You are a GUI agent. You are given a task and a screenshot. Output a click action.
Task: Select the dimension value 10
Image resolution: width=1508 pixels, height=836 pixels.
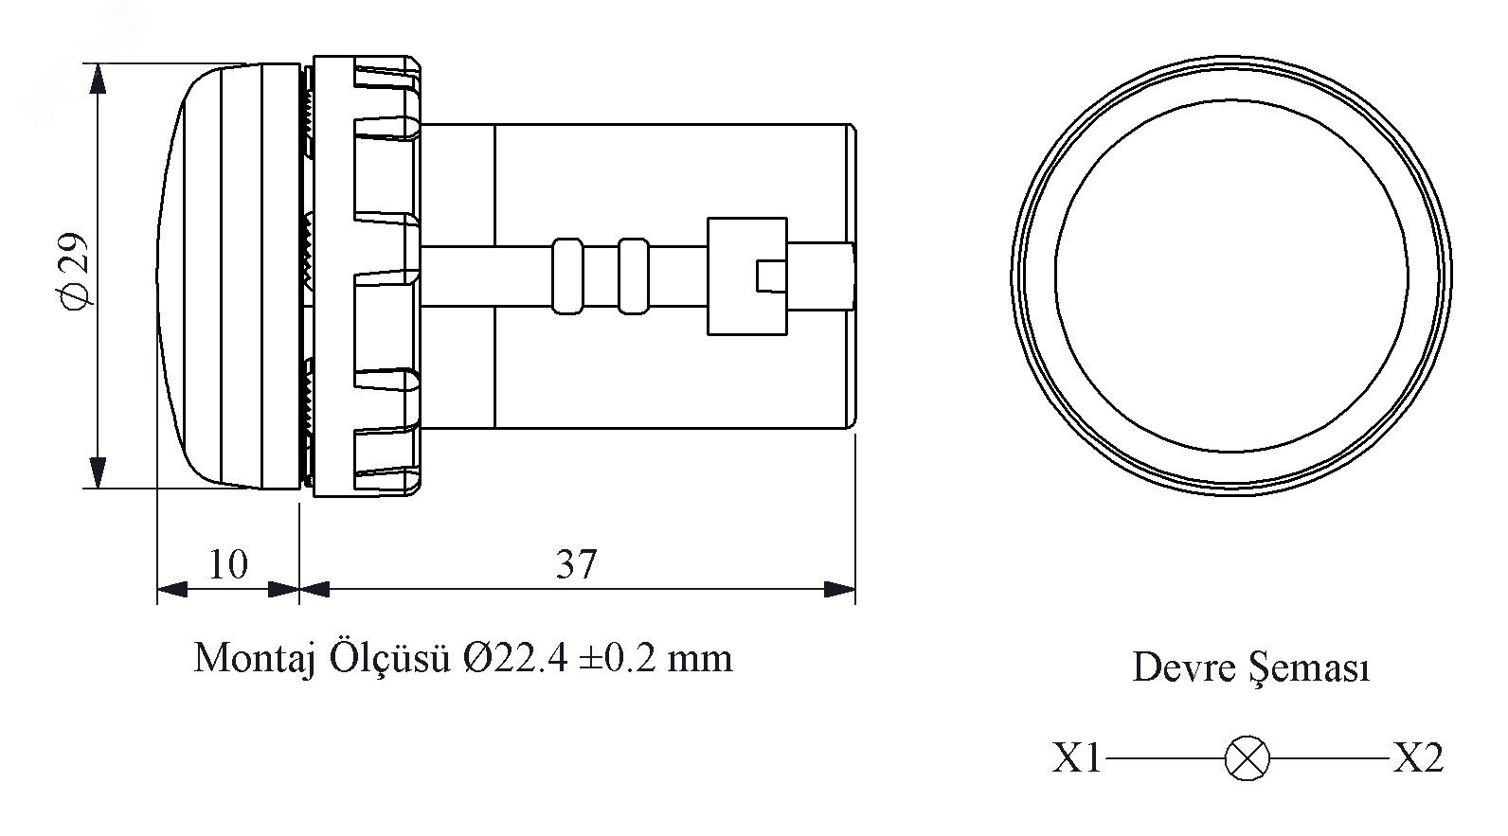pyautogui.click(x=228, y=564)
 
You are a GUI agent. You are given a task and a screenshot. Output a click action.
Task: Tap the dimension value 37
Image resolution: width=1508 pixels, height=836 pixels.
pyautogui.click(x=576, y=564)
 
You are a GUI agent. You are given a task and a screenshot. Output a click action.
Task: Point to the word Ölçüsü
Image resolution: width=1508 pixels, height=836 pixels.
pyautogui.click(x=389, y=657)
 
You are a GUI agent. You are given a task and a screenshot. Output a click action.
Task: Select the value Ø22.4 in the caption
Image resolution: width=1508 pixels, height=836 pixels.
pyautogui.click(x=515, y=658)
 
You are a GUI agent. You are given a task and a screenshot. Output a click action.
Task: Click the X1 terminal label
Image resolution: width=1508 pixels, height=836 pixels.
pyautogui.click(x=1076, y=758)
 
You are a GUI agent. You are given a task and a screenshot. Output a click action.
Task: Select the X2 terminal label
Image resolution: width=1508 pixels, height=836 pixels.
pyautogui.click(x=1418, y=758)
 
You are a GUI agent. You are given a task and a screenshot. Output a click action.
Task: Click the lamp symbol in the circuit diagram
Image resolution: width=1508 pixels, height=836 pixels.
pyautogui.click(x=1247, y=758)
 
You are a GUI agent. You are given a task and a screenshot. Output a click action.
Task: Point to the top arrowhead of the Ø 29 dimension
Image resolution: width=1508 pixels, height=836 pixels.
pyautogui.click(x=99, y=80)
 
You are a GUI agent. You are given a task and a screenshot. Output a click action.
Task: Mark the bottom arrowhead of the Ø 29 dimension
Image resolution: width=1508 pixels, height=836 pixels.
pyautogui.click(x=99, y=472)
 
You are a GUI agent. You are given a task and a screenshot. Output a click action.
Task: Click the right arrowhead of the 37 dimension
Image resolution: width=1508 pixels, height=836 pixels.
pyautogui.click(x=839, y=590)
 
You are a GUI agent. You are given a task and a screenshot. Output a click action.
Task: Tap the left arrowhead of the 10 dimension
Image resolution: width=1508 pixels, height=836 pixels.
pyautogui.click(x=172, y=590)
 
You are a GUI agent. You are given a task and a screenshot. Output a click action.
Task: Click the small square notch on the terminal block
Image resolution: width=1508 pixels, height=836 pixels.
pyautogui.click(x=771, y=276)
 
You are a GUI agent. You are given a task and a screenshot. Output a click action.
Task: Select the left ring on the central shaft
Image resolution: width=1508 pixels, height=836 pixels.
pyautogui.click(x=567, y=276)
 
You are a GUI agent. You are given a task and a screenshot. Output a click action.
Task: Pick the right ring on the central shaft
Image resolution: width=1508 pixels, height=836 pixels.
pyautogui.click(x=634, y=276)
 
